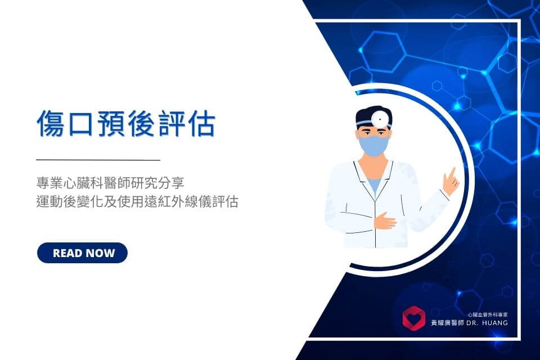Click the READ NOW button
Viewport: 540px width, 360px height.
click(x=82, y=253)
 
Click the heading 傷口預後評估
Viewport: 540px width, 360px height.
click(x=126, y=123)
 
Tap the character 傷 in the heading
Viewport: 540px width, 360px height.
click(x=51, y=123)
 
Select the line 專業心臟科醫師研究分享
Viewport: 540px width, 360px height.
click(x=110, y=183)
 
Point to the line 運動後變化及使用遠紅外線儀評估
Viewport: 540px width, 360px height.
click(x=137, y=201)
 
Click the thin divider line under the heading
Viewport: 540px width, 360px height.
click(x=98, y=160)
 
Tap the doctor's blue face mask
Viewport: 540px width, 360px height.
click(x=373, y=145)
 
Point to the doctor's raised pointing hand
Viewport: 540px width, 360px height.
click(x=451, y=181)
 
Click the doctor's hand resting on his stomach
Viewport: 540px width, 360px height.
click(x=385, y=220)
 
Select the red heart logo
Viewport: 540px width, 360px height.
click(x=414, y=318)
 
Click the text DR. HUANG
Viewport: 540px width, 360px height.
click(x=487, y=323)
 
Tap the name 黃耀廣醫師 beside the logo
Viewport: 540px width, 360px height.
click(x=448, y=323)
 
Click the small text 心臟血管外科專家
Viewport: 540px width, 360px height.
click(x=488, y=314)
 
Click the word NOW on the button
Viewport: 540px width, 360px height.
click(x=100, y=253)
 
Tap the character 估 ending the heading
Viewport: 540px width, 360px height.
click(x=202, y=123)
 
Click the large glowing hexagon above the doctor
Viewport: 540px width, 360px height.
click(x=383, y=52)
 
